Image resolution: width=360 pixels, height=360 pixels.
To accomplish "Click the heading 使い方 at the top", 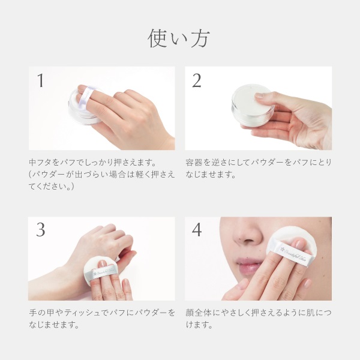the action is [x=179, y=38].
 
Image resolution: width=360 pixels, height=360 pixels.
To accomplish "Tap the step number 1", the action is [x=41, y=80].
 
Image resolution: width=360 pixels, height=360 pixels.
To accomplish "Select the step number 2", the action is [x=197, y=80].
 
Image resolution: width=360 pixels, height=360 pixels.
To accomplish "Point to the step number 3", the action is [x=41, y=230].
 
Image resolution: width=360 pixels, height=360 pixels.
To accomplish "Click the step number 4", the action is [x=197, y=230].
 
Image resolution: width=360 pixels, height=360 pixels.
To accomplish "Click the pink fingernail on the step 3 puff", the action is [x=102, y=263].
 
